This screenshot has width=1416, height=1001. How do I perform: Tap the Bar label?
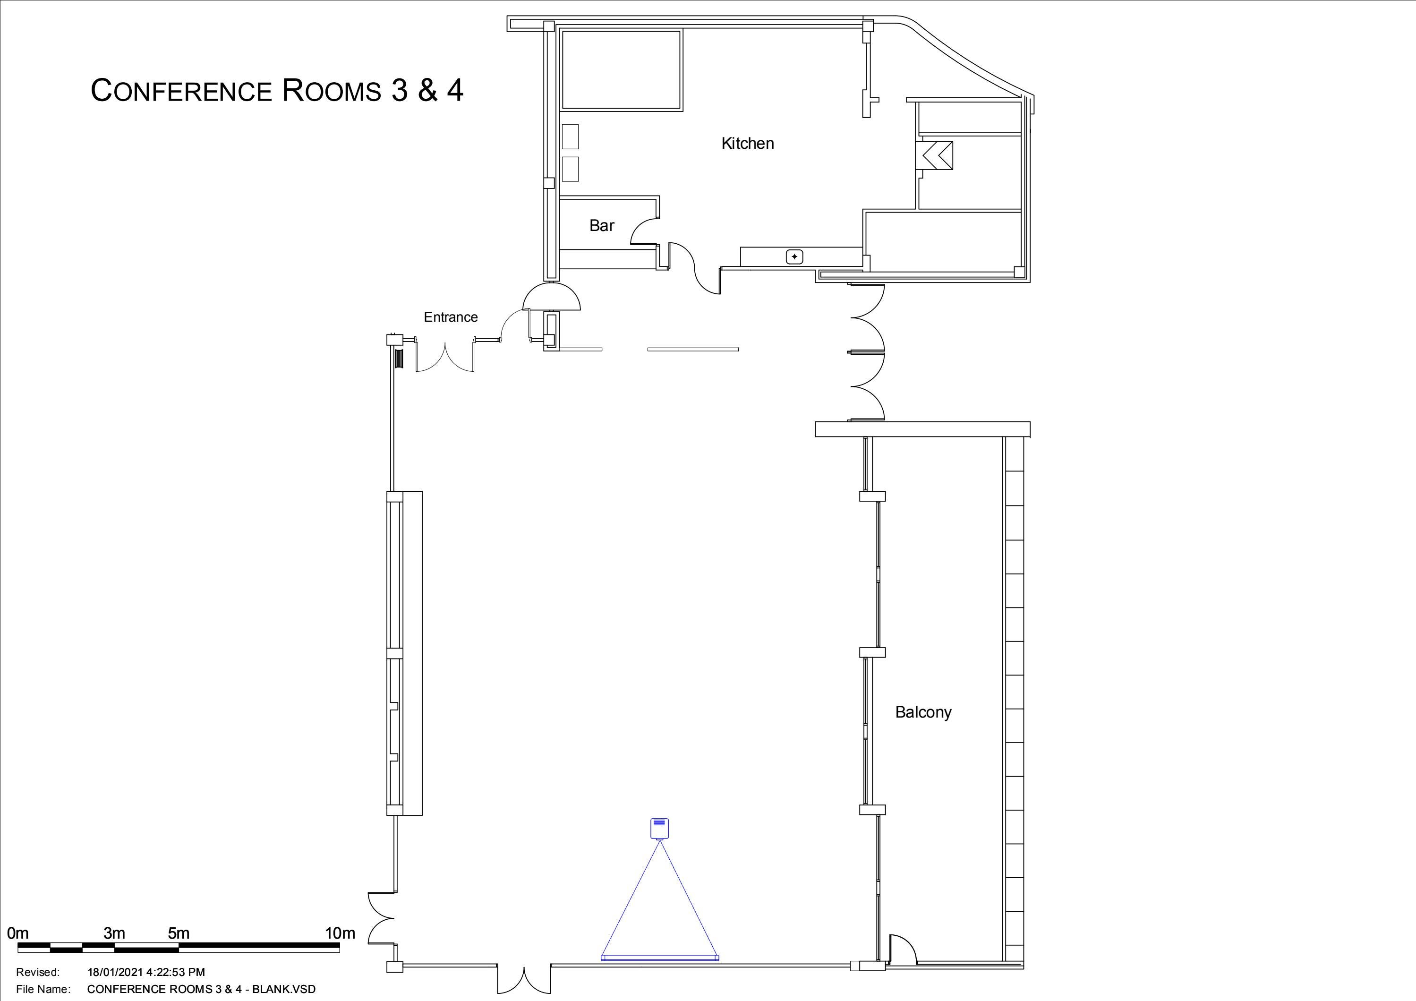point(601,226)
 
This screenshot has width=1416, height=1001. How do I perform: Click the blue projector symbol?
point(659,828)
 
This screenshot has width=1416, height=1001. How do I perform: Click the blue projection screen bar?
point(659,958)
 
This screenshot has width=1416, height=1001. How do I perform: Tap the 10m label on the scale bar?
point(340,933)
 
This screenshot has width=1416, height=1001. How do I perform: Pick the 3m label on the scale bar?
point(114,933)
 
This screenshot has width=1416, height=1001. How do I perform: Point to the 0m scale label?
point(18,933)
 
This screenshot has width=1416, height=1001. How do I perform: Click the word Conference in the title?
point(181,91)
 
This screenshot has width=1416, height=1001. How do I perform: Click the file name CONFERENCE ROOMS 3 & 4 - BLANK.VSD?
point(201,989)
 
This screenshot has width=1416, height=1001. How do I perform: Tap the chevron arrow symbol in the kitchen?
point(937,155)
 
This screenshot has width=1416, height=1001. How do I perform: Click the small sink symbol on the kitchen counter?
point(794,257)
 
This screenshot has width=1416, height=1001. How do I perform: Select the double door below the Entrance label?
point(445,357)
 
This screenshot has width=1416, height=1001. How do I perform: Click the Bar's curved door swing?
point(643,232)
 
